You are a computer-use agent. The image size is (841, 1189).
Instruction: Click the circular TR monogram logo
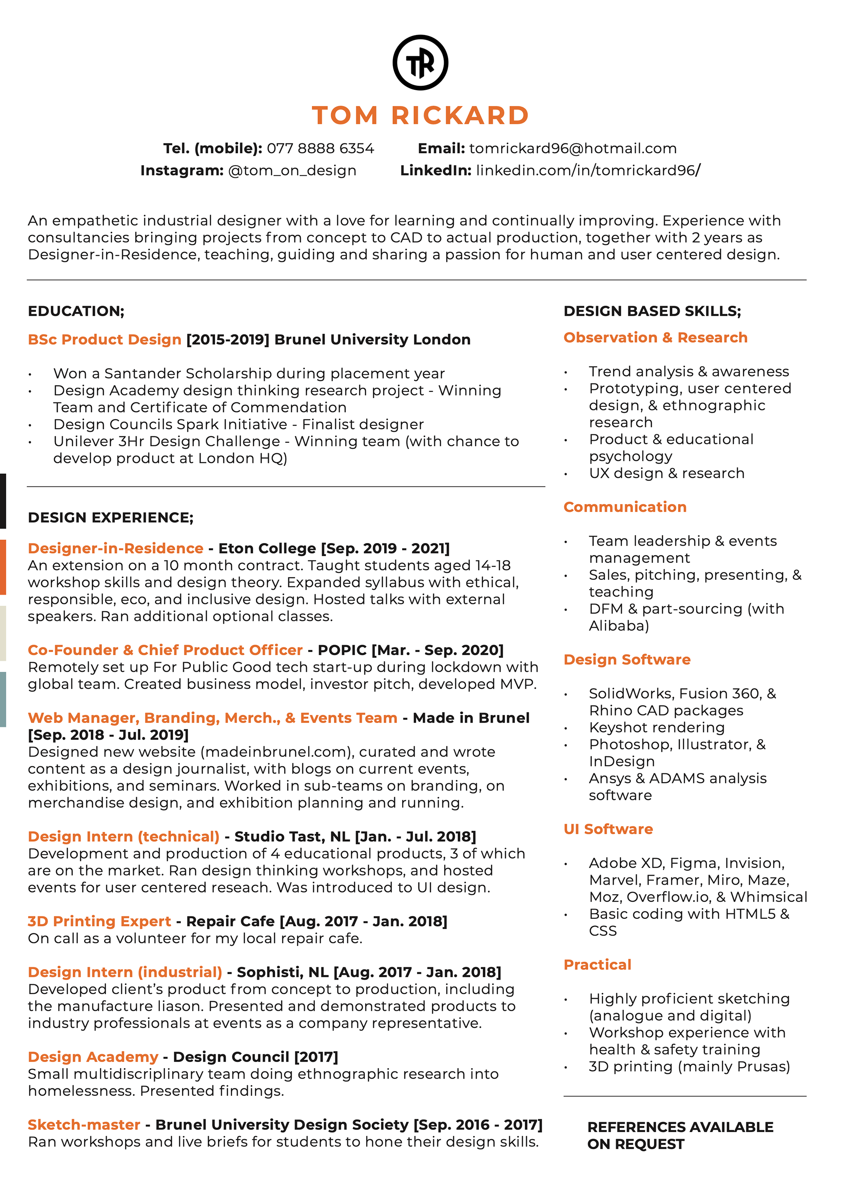tap(420, 63)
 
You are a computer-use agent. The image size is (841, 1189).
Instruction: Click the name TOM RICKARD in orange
tap(420, 115)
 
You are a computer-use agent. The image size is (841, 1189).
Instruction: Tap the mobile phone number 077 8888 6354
tap(320, 148)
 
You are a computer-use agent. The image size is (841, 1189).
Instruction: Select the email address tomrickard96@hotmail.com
tap(573, 148)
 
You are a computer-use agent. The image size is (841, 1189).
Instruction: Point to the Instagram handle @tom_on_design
tap(292, 170)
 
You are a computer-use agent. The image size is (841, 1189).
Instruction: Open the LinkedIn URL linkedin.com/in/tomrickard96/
tap(588, 170)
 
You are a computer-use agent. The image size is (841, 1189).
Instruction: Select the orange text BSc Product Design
tap(105, 339)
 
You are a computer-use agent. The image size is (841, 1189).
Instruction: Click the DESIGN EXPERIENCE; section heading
tap(111, 517)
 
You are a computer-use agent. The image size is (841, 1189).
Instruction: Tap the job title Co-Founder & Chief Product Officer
tap(165, 650)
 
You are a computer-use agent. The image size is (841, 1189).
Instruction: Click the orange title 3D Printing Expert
tap(99, 921)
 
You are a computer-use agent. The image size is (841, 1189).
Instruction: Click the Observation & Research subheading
tap(655, 338)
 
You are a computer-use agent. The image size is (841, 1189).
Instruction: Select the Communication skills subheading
tap(625, 507)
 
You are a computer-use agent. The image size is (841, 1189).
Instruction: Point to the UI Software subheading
tap(608, 829)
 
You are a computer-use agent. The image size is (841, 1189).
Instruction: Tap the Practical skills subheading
tap(597, 965)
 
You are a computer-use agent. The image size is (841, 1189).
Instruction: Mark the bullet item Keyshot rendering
tap(657, 727)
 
